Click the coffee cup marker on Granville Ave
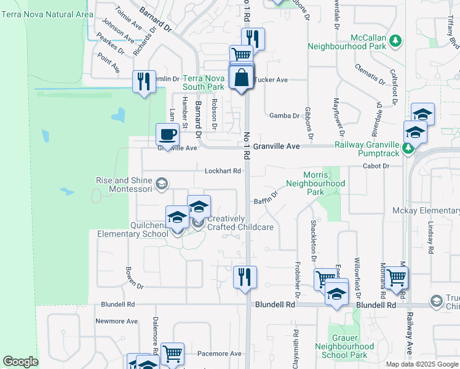click(167, 135)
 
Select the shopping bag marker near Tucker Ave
click(241, 78)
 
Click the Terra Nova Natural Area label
click(47, 14)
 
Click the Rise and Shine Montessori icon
click(162, 183)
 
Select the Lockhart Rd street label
click(223, 171)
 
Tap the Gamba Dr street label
click(284, 115)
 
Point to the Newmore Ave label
click(116, 321)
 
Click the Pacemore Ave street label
click(220, 354)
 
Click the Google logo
click(20, 362)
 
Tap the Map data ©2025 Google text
click(421, 363)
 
